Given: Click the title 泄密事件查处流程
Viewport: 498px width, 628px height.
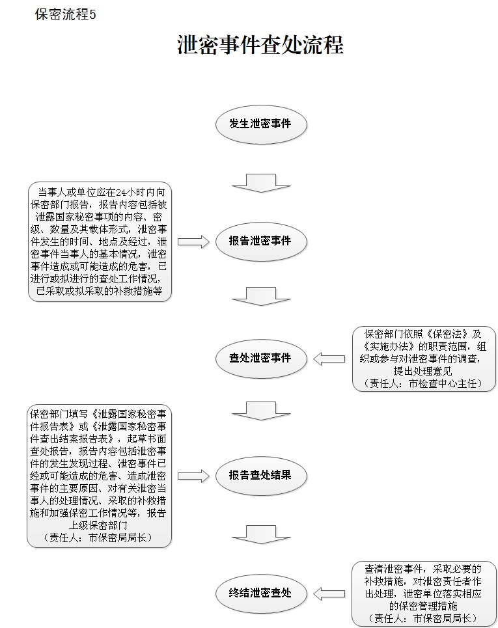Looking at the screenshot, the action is [260, 44].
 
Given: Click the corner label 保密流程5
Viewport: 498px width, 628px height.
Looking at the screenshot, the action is [65, 14].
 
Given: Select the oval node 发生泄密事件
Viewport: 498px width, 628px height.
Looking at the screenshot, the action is [261, 124].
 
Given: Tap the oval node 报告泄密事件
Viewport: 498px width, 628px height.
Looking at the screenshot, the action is [261, 241].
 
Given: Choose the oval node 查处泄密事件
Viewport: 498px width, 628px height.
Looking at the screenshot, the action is [261, 359].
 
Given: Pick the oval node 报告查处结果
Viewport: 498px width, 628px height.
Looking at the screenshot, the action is [261, 476].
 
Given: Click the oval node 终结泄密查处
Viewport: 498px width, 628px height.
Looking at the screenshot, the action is [261, 593].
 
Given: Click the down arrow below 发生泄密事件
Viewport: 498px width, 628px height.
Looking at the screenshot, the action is [261, 183].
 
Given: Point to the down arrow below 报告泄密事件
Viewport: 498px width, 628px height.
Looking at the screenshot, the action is [261, 296].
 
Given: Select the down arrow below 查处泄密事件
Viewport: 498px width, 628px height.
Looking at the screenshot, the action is [261, 411].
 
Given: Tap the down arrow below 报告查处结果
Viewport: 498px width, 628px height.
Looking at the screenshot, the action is [261, 534].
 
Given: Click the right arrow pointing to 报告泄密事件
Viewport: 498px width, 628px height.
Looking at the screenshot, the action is [193, 241].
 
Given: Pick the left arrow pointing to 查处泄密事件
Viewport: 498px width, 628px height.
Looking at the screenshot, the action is [329, 359].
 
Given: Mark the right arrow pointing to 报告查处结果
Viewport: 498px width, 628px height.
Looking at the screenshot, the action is [193, 476].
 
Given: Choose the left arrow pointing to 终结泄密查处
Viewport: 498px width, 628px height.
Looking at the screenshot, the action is [329, 594].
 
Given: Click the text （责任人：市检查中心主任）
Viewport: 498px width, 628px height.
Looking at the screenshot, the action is [423, 384].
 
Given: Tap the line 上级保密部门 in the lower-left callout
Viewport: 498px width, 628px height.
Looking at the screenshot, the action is [98, 525].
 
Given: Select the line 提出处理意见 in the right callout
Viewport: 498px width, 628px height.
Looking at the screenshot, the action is [423, 372].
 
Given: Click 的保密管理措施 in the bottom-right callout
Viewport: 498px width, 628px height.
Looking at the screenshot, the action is [423, 606].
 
